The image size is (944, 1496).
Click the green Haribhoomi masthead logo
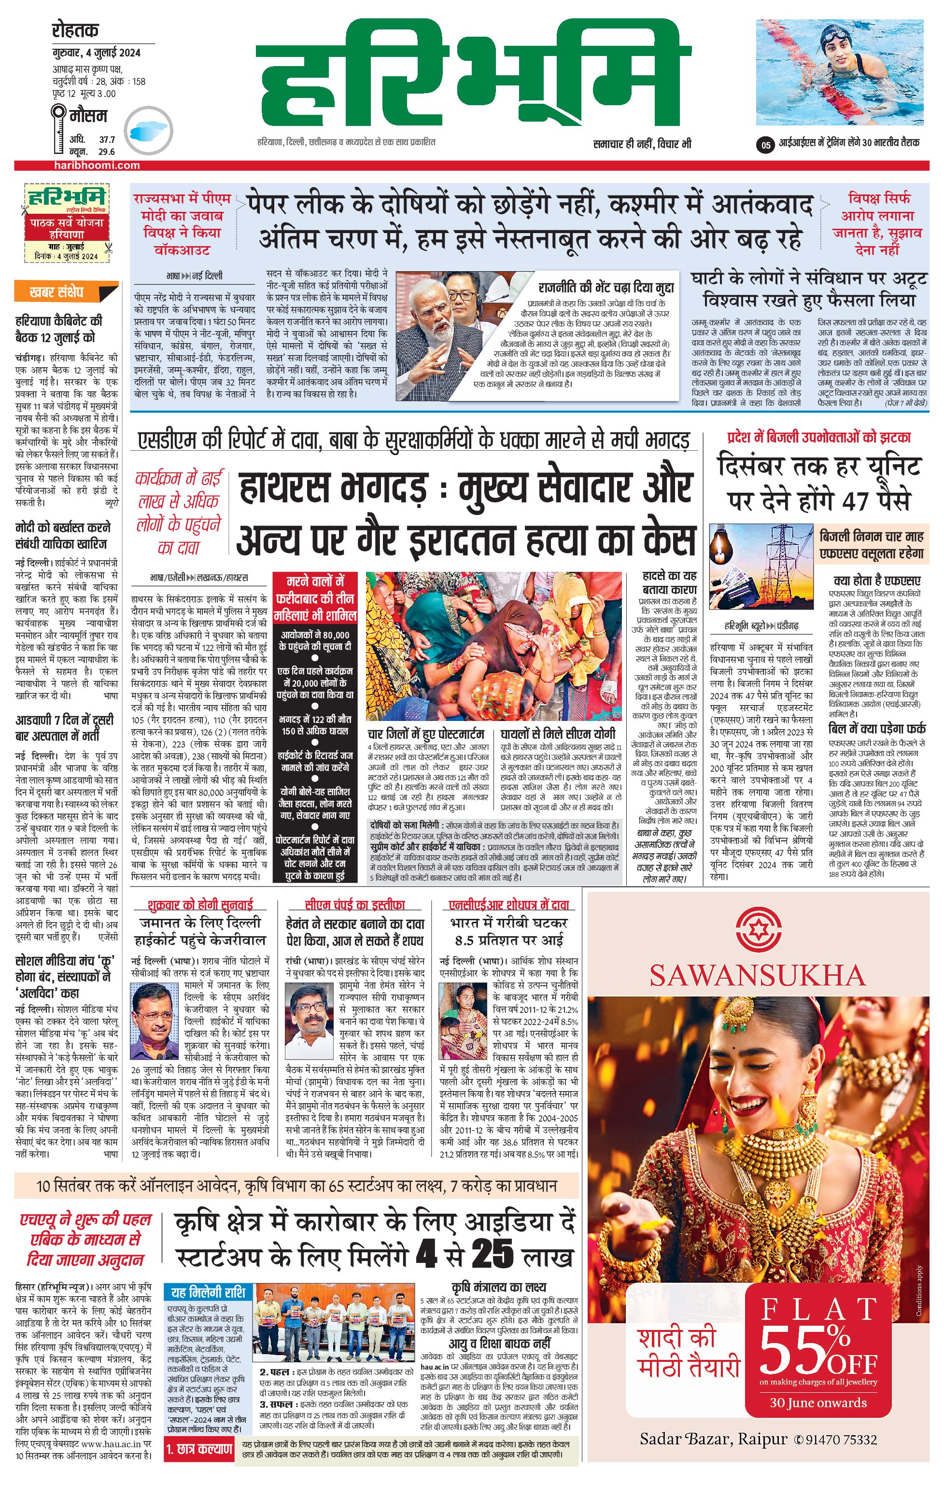click(x=473, y=74)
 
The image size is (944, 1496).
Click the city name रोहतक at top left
click(x=75, y=30)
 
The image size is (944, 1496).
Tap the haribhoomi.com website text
click(x=96, y=165)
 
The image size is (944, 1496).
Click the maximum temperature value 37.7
click(x=107, y=140)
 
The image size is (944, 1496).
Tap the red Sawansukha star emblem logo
click(x=758, y=930)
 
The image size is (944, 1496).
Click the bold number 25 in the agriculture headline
click(x=492, y=1254)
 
